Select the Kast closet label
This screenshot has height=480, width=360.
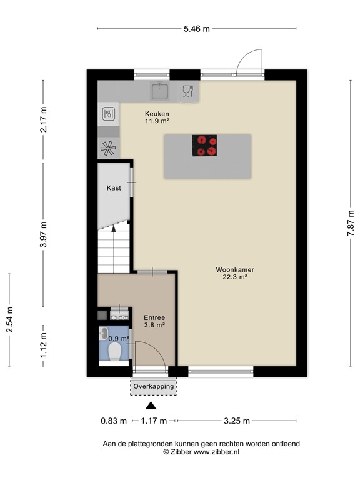pyautogui.click(x=113, y=187)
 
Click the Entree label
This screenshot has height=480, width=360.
pyautogui.click(x=154, y=317)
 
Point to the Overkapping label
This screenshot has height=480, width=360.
pyautogui.click(x=153, y=387)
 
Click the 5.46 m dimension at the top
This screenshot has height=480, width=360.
pyautogui.click(x=197, y=28)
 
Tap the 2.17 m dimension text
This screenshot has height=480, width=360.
pyautogui.click(x=44, y=119)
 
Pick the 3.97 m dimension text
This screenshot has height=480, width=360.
pyautogui.click(x=44, y=235)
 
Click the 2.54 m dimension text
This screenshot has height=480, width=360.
pyautogui.click(x=9, y=320)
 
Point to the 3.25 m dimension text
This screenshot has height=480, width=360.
pyautogui.click(x=237, y=421)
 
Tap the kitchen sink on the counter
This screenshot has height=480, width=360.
pyautogui.click(x=161, y=91)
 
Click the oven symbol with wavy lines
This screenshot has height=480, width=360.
pyautogui.click(x=108, y=114)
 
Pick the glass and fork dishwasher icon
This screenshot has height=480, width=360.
pyautogui.click(x=186, y=91)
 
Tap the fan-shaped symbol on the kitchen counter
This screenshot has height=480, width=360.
pyautogui.click(x=108, y=148)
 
